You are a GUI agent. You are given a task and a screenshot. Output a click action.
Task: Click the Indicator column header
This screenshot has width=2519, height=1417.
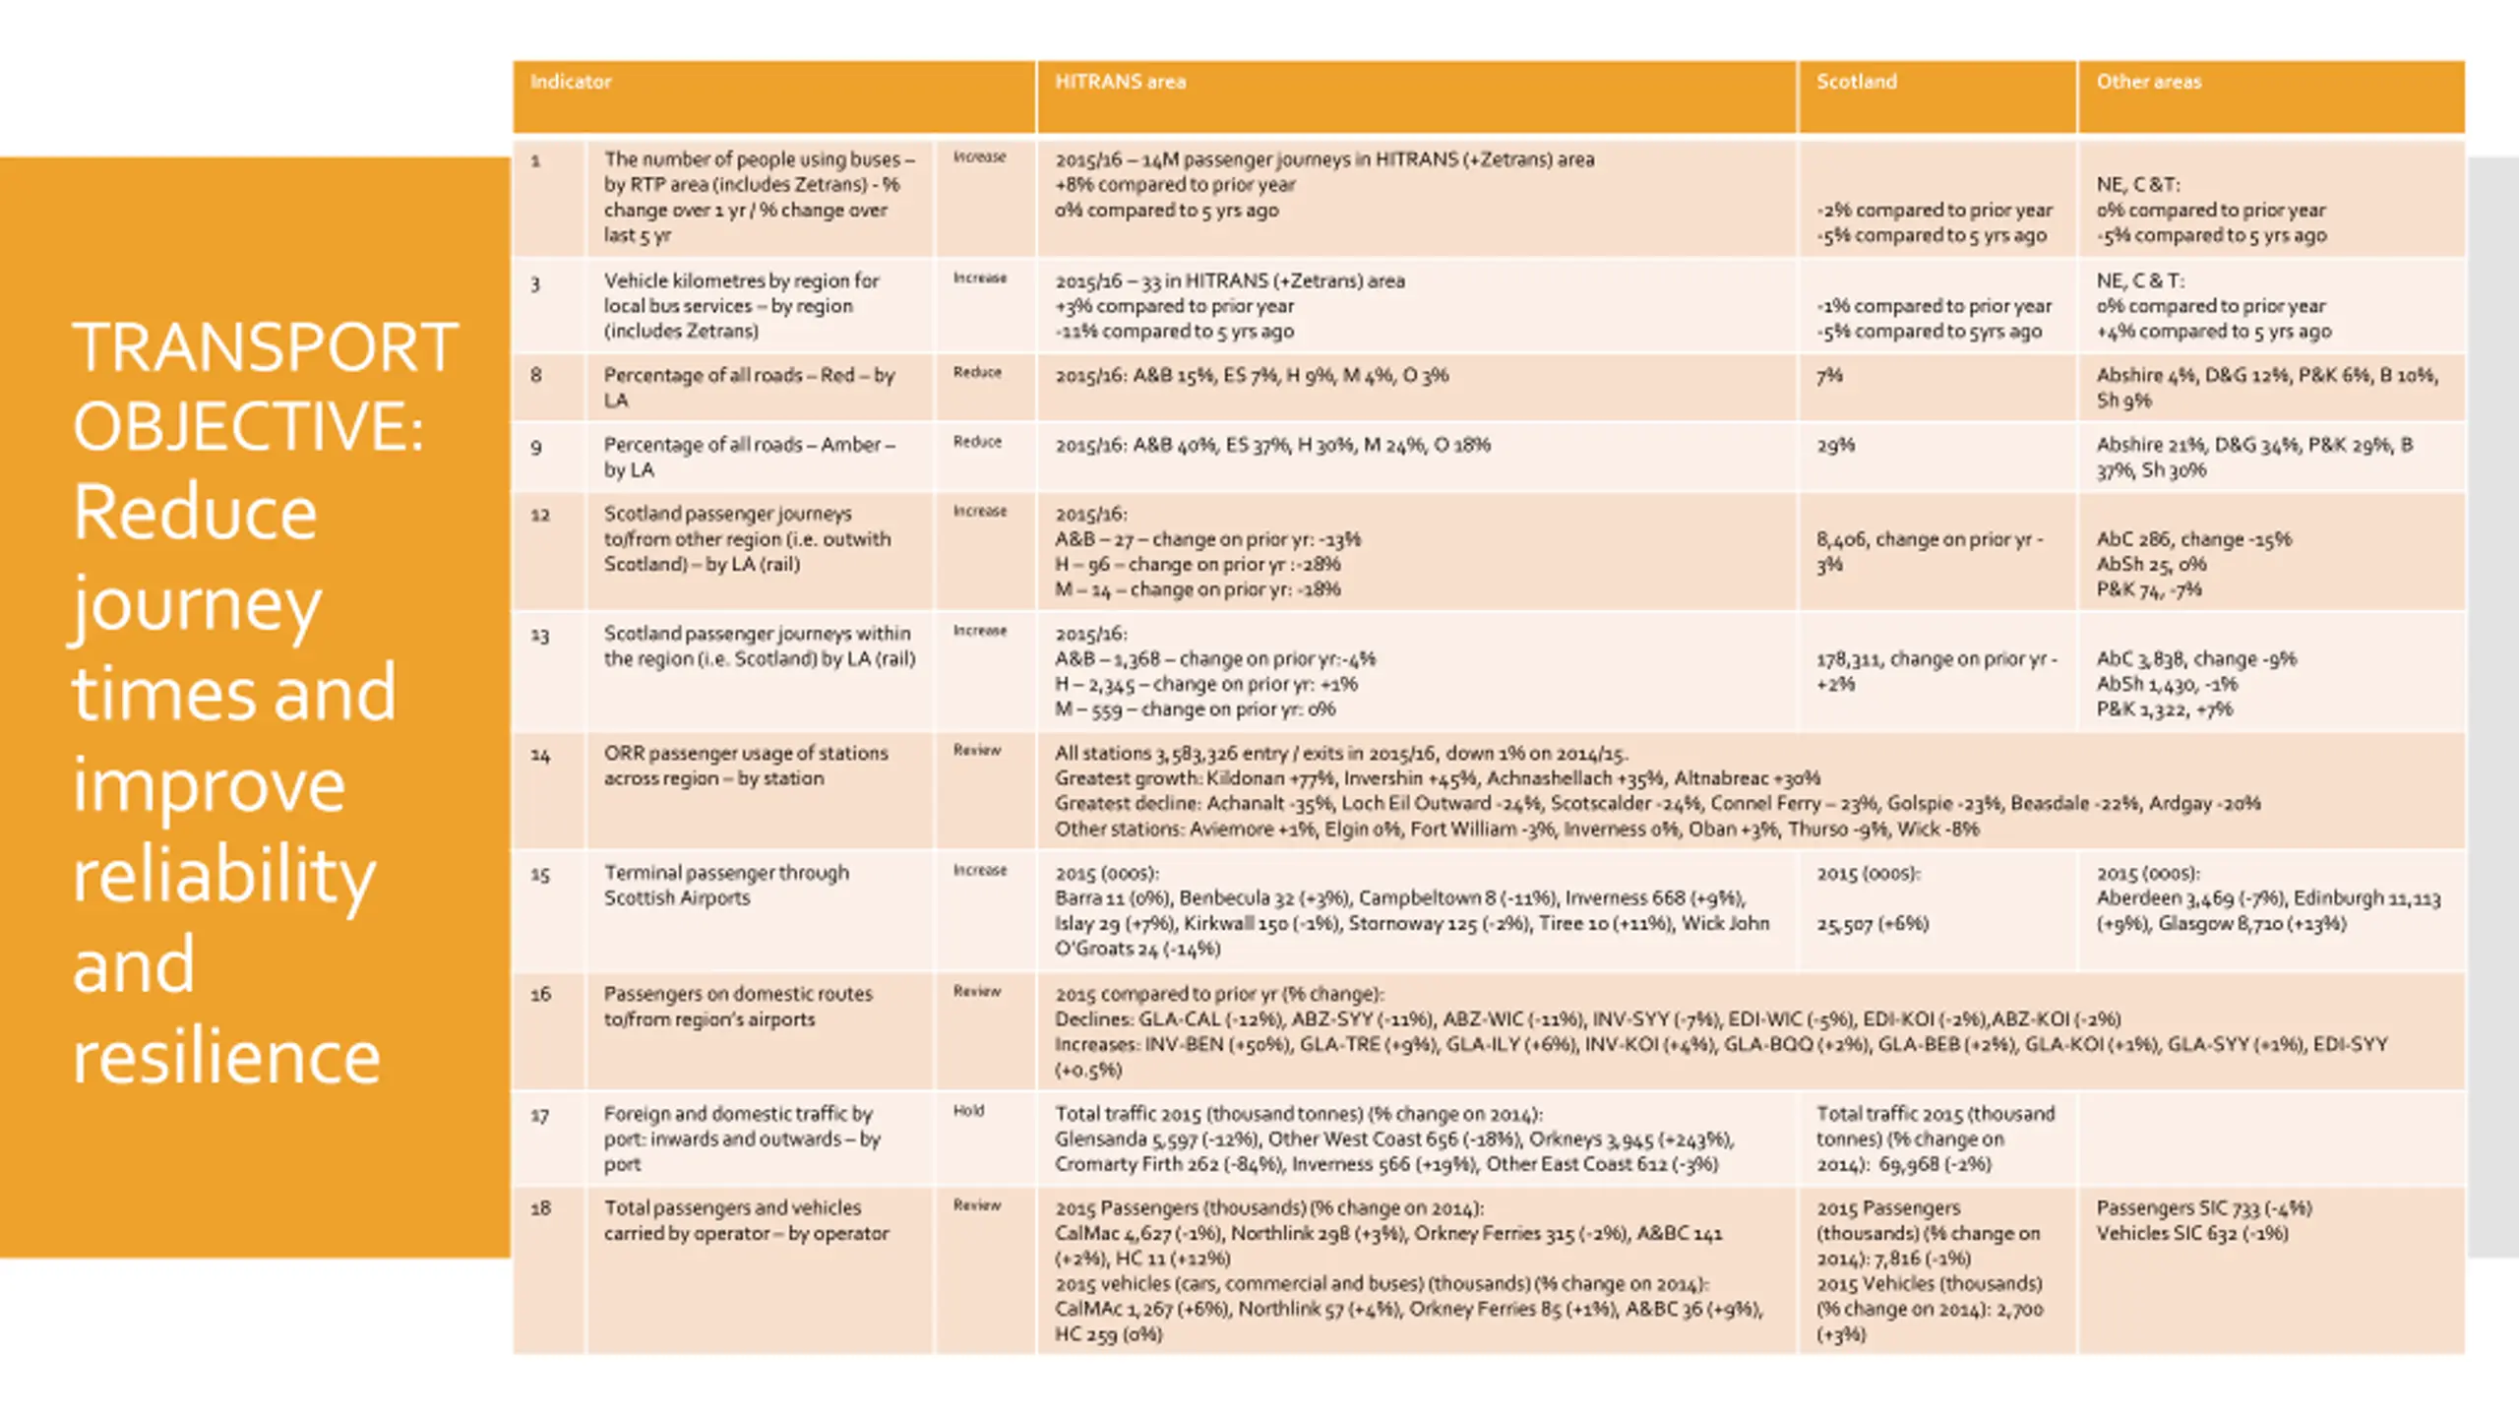pyautogui.click(x=571, y=82)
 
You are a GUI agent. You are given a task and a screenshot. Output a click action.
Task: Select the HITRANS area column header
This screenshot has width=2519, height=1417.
pyautogui.click(x=1120, y=82)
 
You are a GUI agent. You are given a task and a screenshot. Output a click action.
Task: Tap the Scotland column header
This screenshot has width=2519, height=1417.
pyautogui.click(x=1856, y=82)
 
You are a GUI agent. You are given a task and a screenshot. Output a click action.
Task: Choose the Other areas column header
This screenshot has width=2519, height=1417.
pyautogui.click(x=2148, y=82)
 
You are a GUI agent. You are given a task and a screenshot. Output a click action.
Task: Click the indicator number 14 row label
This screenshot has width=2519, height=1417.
pyautogui.click(x=540, y=755)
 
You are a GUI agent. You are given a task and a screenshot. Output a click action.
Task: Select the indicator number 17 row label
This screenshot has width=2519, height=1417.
pyautogui.click(x=540, y=1115)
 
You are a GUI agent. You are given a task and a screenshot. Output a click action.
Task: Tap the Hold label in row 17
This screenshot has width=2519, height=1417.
pyautogui.click(x=968, y=1111)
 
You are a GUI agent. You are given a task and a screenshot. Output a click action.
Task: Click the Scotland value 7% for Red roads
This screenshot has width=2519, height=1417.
pyautogui.click(x=1829, y=375)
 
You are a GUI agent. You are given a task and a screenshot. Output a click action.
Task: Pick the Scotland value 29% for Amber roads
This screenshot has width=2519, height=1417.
pyautogui.click(x=1835, y=445)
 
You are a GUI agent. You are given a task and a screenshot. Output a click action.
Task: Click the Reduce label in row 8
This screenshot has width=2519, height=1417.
pyautogui.click(x=977, y=372)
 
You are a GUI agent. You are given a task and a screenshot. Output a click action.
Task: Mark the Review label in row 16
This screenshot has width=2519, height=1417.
pyautogui.click(x=977, y=991)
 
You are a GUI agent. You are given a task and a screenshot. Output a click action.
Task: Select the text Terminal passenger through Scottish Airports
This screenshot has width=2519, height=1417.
pyautogui.click(x=726, y=885)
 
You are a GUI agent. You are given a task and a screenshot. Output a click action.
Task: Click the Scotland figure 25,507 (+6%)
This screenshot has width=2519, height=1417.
pyautogui.click(x=1872, y=923)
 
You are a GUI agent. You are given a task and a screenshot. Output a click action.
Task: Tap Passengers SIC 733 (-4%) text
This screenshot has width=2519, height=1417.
pyautogui.click(x=2203, y=1207)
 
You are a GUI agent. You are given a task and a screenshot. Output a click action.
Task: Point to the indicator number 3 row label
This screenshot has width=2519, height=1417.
pyautogui.click(x=535, y=284)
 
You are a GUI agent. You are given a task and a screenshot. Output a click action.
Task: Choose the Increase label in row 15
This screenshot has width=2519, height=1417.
pyautogui.click(x=979, y=870)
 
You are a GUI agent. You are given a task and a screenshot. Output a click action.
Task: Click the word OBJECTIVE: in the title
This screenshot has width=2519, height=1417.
pyautogui.click(x=248, y=427)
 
